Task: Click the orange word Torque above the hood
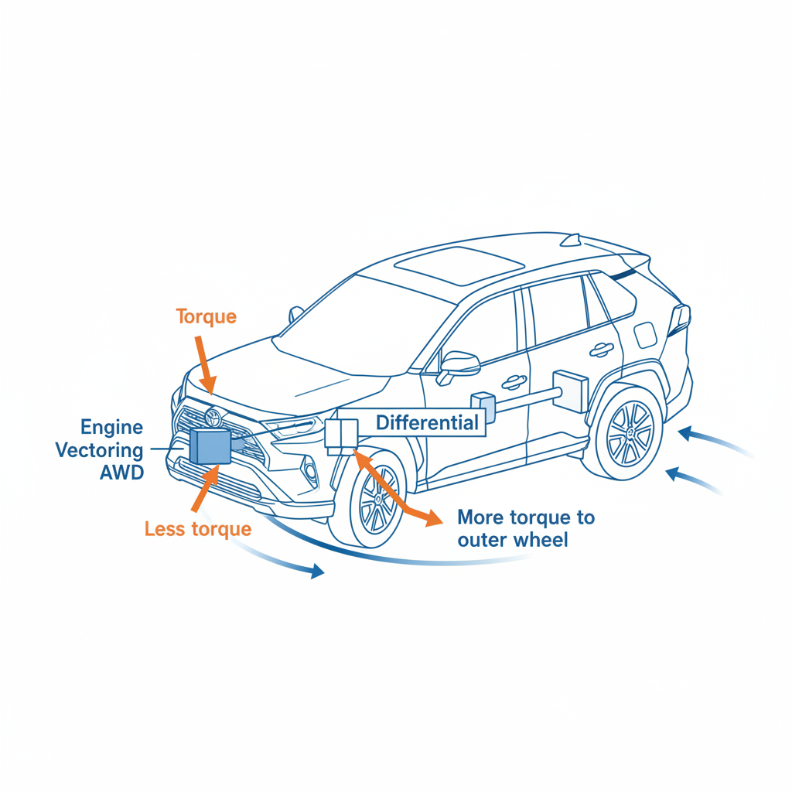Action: (x=206, y=316)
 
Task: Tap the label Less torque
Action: (x=198, y=529)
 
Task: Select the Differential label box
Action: (x=426, y=423)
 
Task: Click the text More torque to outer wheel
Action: (x=526, y=528)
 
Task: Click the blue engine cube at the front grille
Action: (x=209, y=447)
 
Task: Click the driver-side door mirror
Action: (x=456, y=364)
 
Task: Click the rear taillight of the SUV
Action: (x=681, y=318)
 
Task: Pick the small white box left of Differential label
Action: (x=340, y=433)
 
